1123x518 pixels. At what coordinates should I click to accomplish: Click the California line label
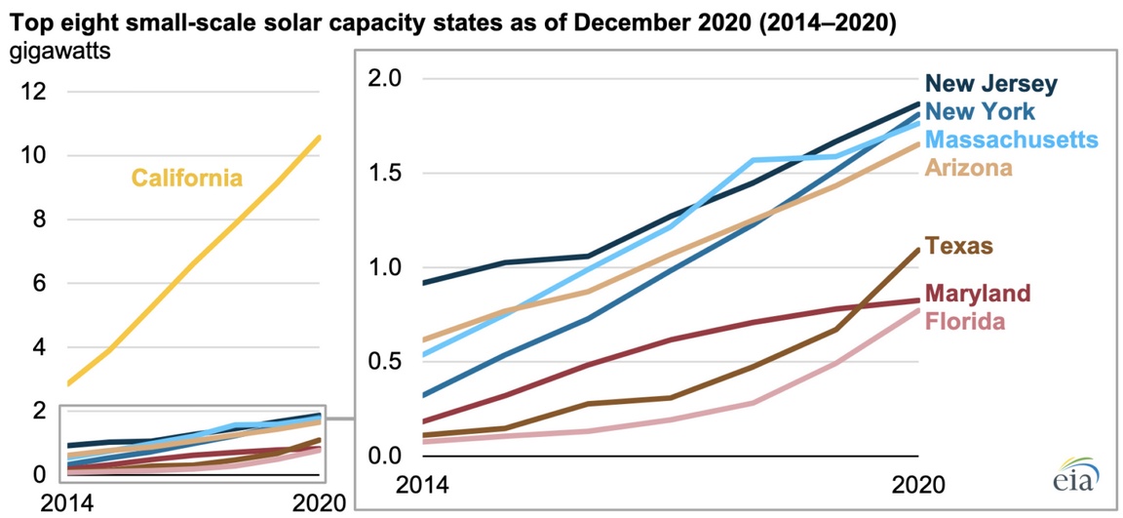(x=187, y=179)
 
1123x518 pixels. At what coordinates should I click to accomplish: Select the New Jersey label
(x=990, y=84)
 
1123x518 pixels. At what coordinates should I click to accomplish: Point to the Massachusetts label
(x=1013, y=140)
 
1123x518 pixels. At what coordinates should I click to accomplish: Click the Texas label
(x=959, y=246)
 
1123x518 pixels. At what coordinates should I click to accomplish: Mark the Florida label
(x=965, y=320)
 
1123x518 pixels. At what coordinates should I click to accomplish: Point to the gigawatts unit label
(x=60, y=52)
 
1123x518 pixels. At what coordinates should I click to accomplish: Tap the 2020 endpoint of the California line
(x=319, y=138)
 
